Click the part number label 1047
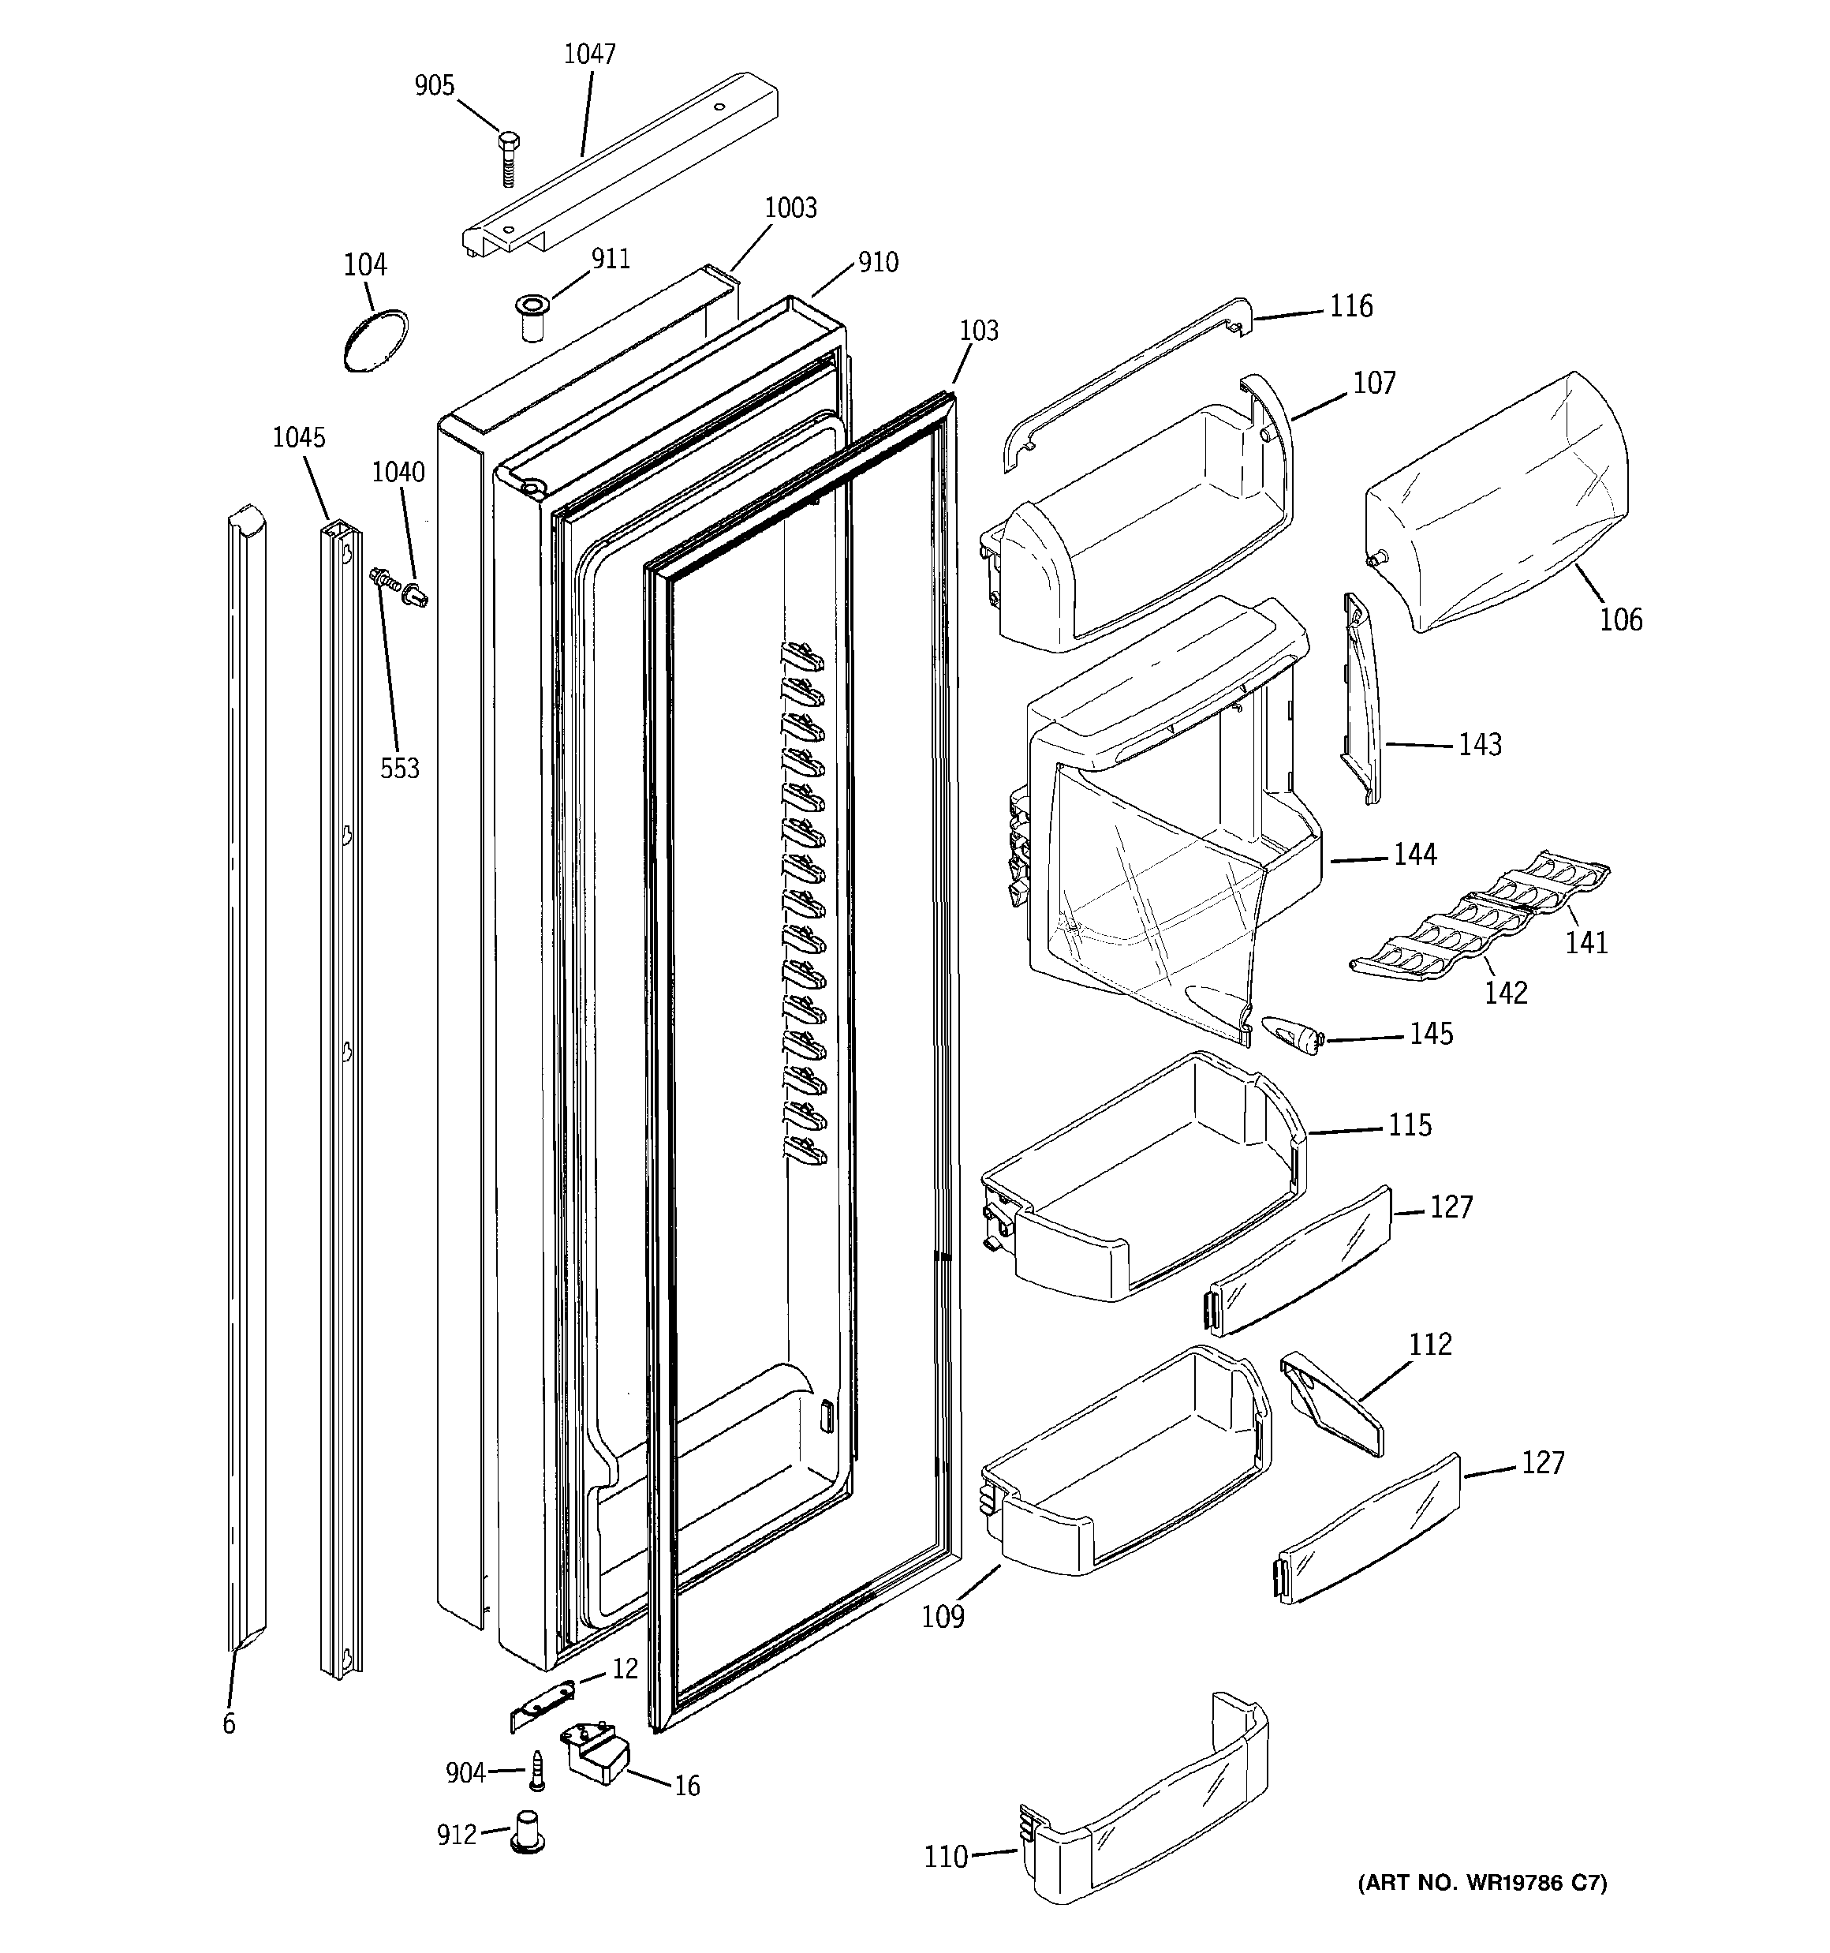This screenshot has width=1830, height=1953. [x=589, y=54]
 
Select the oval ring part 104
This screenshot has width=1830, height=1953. [x=376, y=340]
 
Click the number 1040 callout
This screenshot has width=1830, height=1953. [x=398, y=473]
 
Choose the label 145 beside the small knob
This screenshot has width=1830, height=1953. [x=1431, y=1034]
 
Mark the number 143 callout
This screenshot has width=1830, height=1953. [x=1479, y=745]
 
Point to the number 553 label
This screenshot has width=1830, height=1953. [x=400, y=769]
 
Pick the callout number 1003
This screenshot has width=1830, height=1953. [x=790, y=208]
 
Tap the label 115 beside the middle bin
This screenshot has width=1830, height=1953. [x=1410, y=1124]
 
